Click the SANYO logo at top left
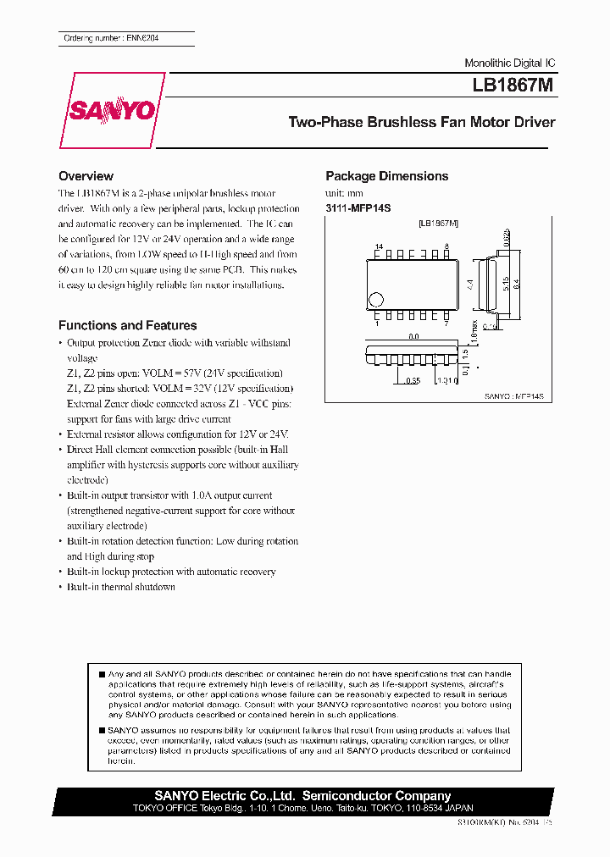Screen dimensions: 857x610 [x=112, y=110]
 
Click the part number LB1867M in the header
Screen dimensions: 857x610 [x=514, y=86]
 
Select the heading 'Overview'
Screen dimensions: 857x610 [x=86, y=176]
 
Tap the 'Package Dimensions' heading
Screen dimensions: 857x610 [x=387, y=176]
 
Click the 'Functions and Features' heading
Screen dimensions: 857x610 [x=127, y=325]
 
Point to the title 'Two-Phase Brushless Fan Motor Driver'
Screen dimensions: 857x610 [x=422, y=122]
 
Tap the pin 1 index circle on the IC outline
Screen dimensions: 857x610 [x=377, y=299]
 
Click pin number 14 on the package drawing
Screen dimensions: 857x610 [x=379, y=245]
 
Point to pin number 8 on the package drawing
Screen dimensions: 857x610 [x=446, y=245]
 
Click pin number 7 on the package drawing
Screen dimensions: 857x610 [x=446, y=323]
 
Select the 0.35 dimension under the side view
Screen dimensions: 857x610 [x=413, y=380]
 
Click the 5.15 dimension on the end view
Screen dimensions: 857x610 [x=504, y=284]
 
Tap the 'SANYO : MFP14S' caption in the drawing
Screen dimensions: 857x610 [x=513, y=395]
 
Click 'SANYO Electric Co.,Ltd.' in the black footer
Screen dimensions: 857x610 [x=225, y=796]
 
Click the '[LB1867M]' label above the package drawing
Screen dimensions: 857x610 [x=438, y=223]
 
